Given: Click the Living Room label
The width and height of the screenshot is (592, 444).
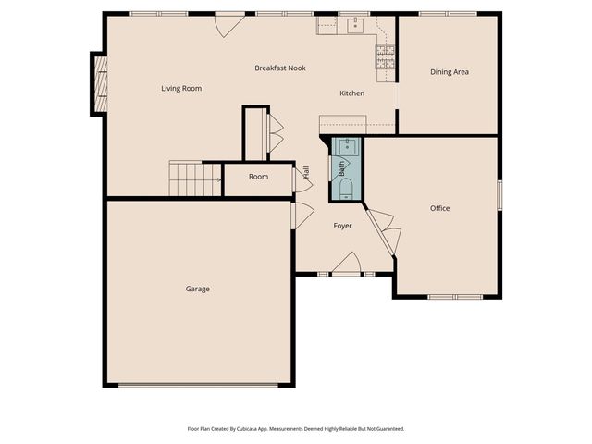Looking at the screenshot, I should pyautogui.click(x=181, y=89).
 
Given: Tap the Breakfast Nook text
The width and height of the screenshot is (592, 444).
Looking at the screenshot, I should pyautogui.click(x=280, y=68).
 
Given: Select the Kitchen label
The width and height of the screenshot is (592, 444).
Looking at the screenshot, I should pyautogui.click(x=351, y=93).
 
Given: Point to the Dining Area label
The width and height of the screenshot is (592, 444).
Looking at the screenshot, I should pyautogui.click(x=449, y=71).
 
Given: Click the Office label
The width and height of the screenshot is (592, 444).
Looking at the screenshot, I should pyautogui.click(x=439, y=208).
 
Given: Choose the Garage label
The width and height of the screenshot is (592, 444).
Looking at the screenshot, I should pyautogui.click(x=197, y=289).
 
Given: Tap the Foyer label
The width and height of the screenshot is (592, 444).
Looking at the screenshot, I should pyautogui.click(x=343, y=226).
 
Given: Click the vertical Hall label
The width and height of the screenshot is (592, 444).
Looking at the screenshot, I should pyautogui.click(x=305, y=171).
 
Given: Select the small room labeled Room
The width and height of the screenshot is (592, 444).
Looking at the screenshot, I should pyautogui.click(x=258, y=177).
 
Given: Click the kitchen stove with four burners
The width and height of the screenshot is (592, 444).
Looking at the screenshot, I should pyautogui.click(x=385, y=57).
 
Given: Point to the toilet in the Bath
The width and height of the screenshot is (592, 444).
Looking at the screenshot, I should pyautogui.click(x=346, y=190).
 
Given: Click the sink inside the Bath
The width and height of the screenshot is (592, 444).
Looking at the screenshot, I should pyautogui.click(x=348, y=146).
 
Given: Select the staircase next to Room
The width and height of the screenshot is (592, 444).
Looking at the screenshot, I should pyautogui.click(x=193, y=178).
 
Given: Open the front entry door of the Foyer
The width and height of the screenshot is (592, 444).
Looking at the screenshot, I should pyautogui.click(x=346, y=266).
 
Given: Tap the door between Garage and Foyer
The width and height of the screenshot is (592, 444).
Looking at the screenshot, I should pyautogui.click(x=301, y=215).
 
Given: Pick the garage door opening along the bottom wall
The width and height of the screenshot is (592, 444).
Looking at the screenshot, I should pyautogui.click(x=197, y=385).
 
